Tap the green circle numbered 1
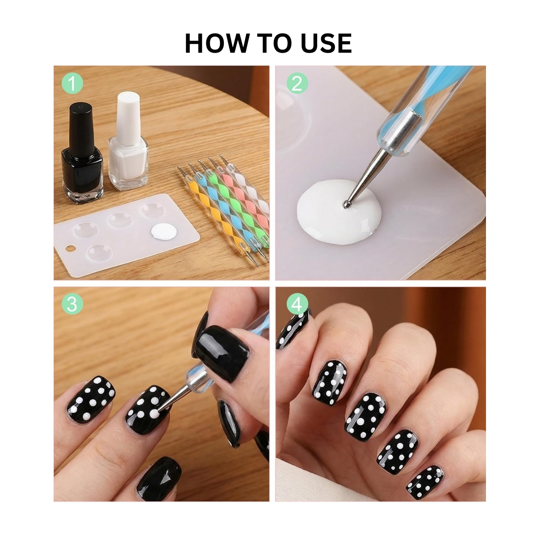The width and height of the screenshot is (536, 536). pyautogui.click(x=72, y=83)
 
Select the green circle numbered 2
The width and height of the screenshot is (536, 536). pyautogui.click(x=297, y=83)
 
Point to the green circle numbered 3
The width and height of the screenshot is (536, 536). pyautogui.click(x=72, y=304)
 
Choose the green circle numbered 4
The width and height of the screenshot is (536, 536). pyautogui.click(x=297, y=304)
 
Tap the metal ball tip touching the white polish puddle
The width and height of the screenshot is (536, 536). pyautogui.click(x=346, y=205)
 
